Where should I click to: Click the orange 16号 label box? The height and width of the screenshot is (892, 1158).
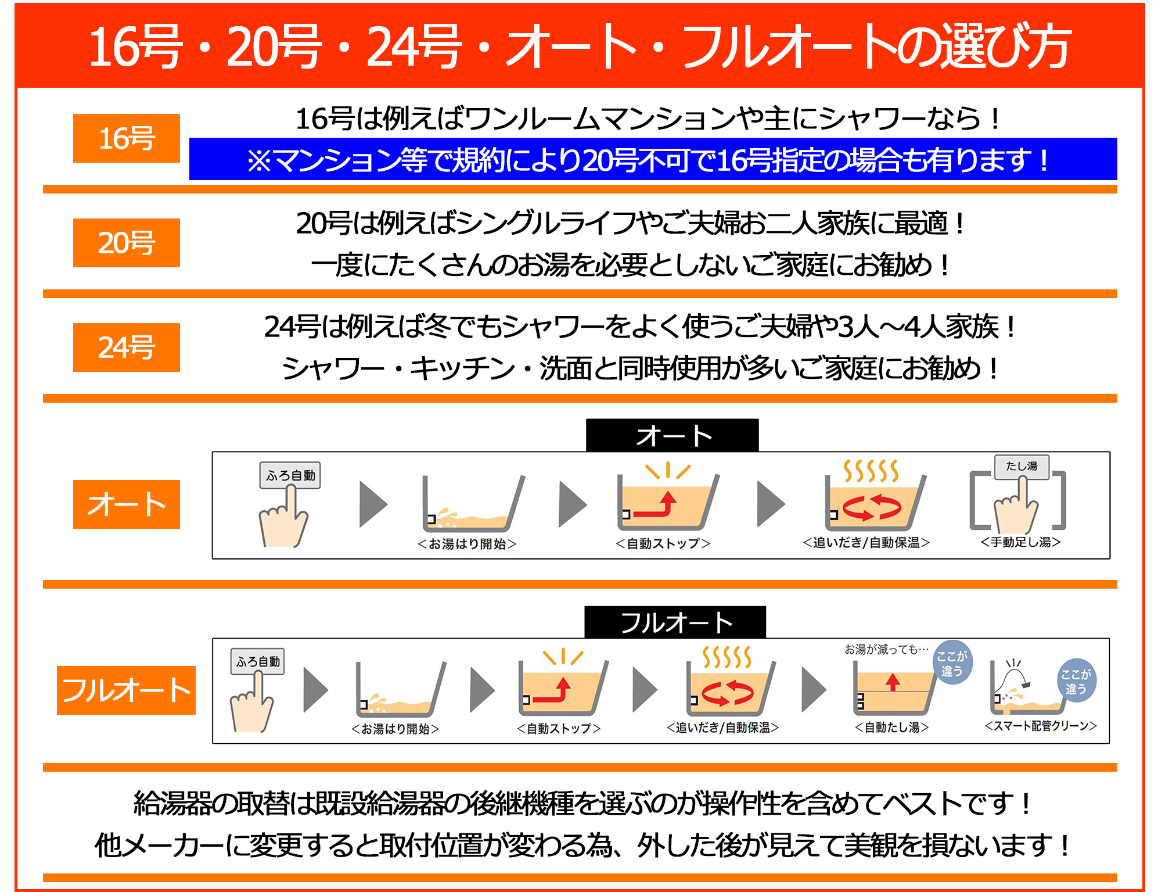click(126, 138)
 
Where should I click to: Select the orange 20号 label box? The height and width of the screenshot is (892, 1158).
click(126, 243)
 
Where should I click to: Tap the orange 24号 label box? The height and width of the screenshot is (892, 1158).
click(126, 348)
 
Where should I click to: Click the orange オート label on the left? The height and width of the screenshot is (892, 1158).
click(126, 504)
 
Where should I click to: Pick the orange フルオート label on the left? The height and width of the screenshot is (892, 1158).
click(126, 690)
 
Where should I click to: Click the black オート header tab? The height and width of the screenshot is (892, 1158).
click(672, 435)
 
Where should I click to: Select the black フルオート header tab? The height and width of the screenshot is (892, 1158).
click(675, 622)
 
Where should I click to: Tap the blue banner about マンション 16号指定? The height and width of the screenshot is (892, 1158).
click(653, 159)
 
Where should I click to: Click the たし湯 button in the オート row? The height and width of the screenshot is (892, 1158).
click(1022, 467)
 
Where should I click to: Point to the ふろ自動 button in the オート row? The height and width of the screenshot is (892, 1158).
click(290, 475)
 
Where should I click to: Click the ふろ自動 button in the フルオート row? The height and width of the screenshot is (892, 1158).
click(258, 661)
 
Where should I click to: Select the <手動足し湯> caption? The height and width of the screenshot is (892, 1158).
click(1020, 542)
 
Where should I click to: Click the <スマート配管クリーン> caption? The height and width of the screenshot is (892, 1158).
click(1041, 726)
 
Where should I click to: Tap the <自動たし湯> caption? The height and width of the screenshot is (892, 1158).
click(891, 727)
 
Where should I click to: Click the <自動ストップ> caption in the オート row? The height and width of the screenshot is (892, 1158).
click(663, 543)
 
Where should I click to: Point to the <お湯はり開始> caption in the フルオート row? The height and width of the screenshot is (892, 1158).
click(395, 729)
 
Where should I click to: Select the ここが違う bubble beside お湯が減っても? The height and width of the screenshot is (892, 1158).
click(951, 664)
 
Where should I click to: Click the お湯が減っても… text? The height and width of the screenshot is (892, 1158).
click(886, 649)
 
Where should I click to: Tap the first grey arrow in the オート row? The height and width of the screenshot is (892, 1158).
click(373, 504)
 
